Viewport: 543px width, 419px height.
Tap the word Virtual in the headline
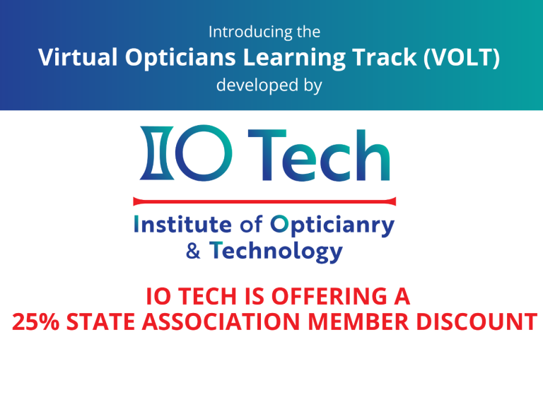[78, 57]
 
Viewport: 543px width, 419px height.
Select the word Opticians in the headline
[180, 58]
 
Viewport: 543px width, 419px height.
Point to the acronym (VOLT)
[462, 57]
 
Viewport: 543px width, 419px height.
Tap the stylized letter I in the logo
[156, 153]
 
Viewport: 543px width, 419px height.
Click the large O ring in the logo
[204, 153]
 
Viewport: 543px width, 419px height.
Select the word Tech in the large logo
[319, 155]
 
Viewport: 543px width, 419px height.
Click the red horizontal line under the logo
[264, 201]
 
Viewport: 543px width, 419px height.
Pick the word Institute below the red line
[183, 224]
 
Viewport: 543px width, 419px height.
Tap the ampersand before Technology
[193, 252]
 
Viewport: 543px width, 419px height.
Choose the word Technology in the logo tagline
[276, 252]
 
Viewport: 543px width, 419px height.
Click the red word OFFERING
[329, 297]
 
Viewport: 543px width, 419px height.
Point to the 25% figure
[35, 321]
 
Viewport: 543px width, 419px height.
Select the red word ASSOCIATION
[221, 321]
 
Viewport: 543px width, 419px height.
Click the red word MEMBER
[358, 321]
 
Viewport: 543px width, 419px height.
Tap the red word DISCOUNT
[477, 321]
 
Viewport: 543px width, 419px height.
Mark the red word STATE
[100, 321]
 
